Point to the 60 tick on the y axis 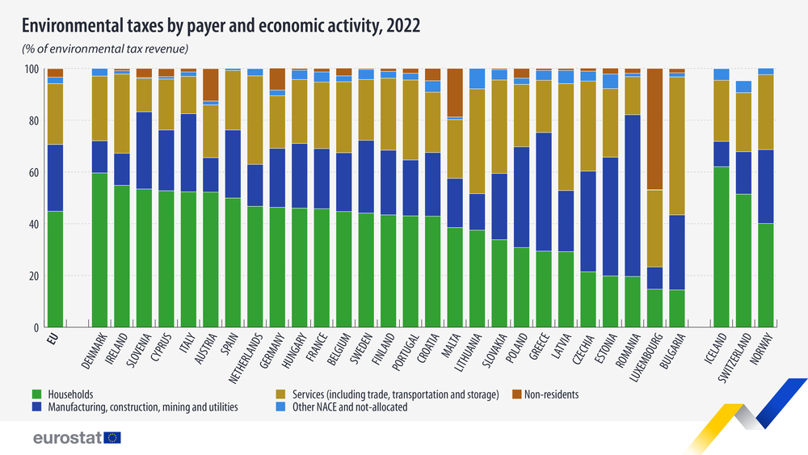(33, 173)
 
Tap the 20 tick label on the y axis (33, 276)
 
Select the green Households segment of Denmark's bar (99, 251)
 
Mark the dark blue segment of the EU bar (55, 178)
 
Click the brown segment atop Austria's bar (211, 85)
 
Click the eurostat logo (77, 438)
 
